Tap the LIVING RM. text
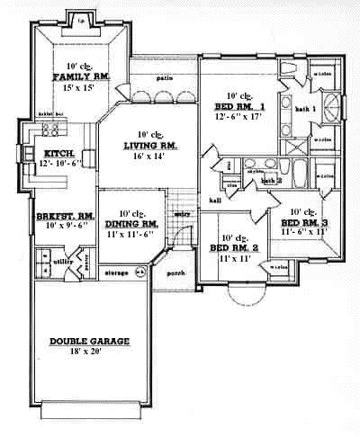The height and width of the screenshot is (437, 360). tap(148, 144)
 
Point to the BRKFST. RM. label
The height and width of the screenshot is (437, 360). tap(59, 216)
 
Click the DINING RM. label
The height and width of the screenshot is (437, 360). tap(131, 223)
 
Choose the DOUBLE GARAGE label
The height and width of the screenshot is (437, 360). tap(89, 341)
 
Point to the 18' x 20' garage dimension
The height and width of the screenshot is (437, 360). tap(89, 352)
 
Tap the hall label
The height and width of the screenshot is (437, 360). tap(214, 200)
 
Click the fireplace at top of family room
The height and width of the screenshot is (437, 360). tap(81, 18)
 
